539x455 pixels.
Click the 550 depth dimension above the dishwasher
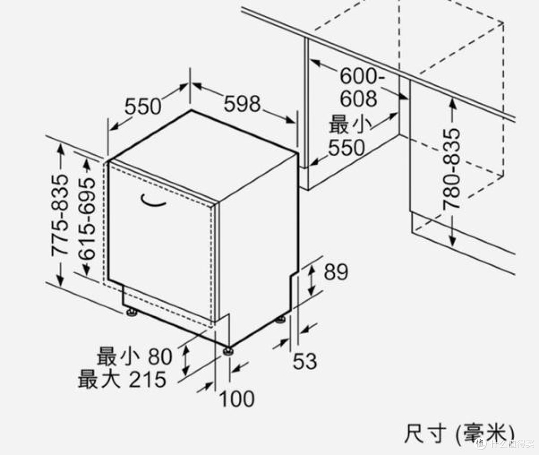click(x=143, y=106)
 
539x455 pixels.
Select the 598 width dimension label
click(x=242, y=104)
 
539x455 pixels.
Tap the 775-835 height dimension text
click(x=60, y=215)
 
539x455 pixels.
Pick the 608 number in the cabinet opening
click(x=358, y=99)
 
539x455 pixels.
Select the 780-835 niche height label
click(x=452, y=168)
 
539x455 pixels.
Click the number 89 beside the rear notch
click(x=336, y=272)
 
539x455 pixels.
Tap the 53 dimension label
click(x=304, y=361)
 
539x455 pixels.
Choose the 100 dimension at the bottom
click(x=237, y=399)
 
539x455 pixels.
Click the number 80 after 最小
click(x=160, y=357)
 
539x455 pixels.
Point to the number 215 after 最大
click(x=147, y=380)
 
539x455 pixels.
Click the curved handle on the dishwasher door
click(x=153, y=201)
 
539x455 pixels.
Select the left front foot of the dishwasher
click(x=132, y=313)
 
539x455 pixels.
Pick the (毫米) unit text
click(x=484, y=434)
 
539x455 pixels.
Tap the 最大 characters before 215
click(x=99, y=380)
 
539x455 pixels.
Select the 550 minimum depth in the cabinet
click(x=346, y=147)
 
